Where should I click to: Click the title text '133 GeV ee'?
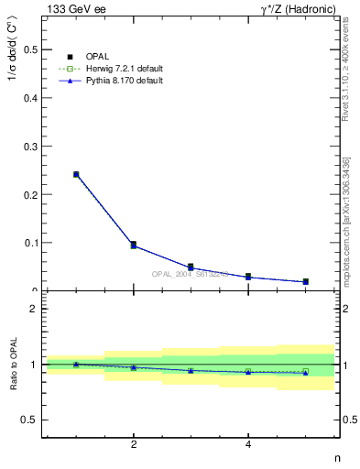73,9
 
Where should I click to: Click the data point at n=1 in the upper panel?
76,174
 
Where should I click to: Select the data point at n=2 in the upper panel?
134,245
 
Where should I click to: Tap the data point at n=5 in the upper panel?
305,281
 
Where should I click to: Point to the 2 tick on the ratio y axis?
33,309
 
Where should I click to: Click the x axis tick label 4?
248,445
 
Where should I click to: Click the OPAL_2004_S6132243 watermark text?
190,273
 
